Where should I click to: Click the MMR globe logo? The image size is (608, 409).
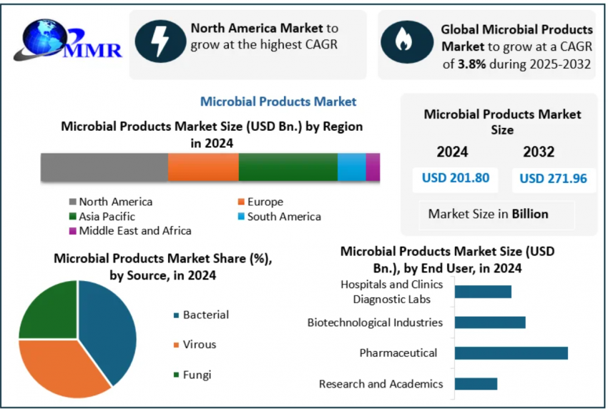click(x=64, y=41)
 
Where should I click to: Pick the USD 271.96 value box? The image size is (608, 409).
click(x=554, y=179)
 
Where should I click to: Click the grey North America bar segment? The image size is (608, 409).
click(x=104, y=167)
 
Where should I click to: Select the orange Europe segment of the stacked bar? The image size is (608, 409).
click(x=203, y=167)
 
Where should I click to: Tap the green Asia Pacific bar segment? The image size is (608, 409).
click(x=288, y=167)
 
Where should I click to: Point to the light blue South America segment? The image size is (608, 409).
click(x=351, y=167)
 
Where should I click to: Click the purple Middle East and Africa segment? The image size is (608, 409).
click(x=373, y=167)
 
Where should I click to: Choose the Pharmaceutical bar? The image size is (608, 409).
click(x=511, y=353)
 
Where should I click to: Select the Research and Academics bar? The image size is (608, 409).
click(x=476, y=384)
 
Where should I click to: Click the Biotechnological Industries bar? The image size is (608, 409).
click(x=490, y=322)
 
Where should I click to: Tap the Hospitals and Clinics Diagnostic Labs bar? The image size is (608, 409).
click(x=483, y=291)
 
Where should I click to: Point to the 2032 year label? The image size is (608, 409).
click(x=539, y=152)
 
